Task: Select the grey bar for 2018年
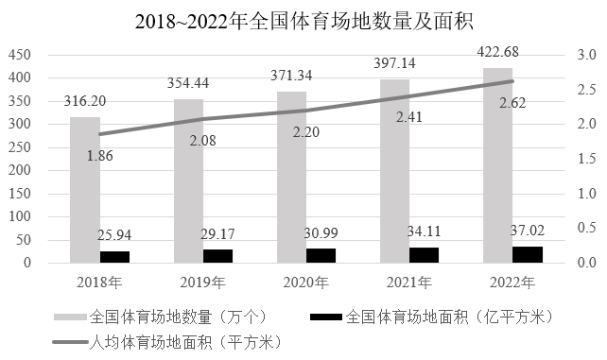point(84,189)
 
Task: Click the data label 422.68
point(497,52)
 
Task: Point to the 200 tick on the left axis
point(20,170)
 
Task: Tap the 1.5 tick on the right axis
point(587,159)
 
